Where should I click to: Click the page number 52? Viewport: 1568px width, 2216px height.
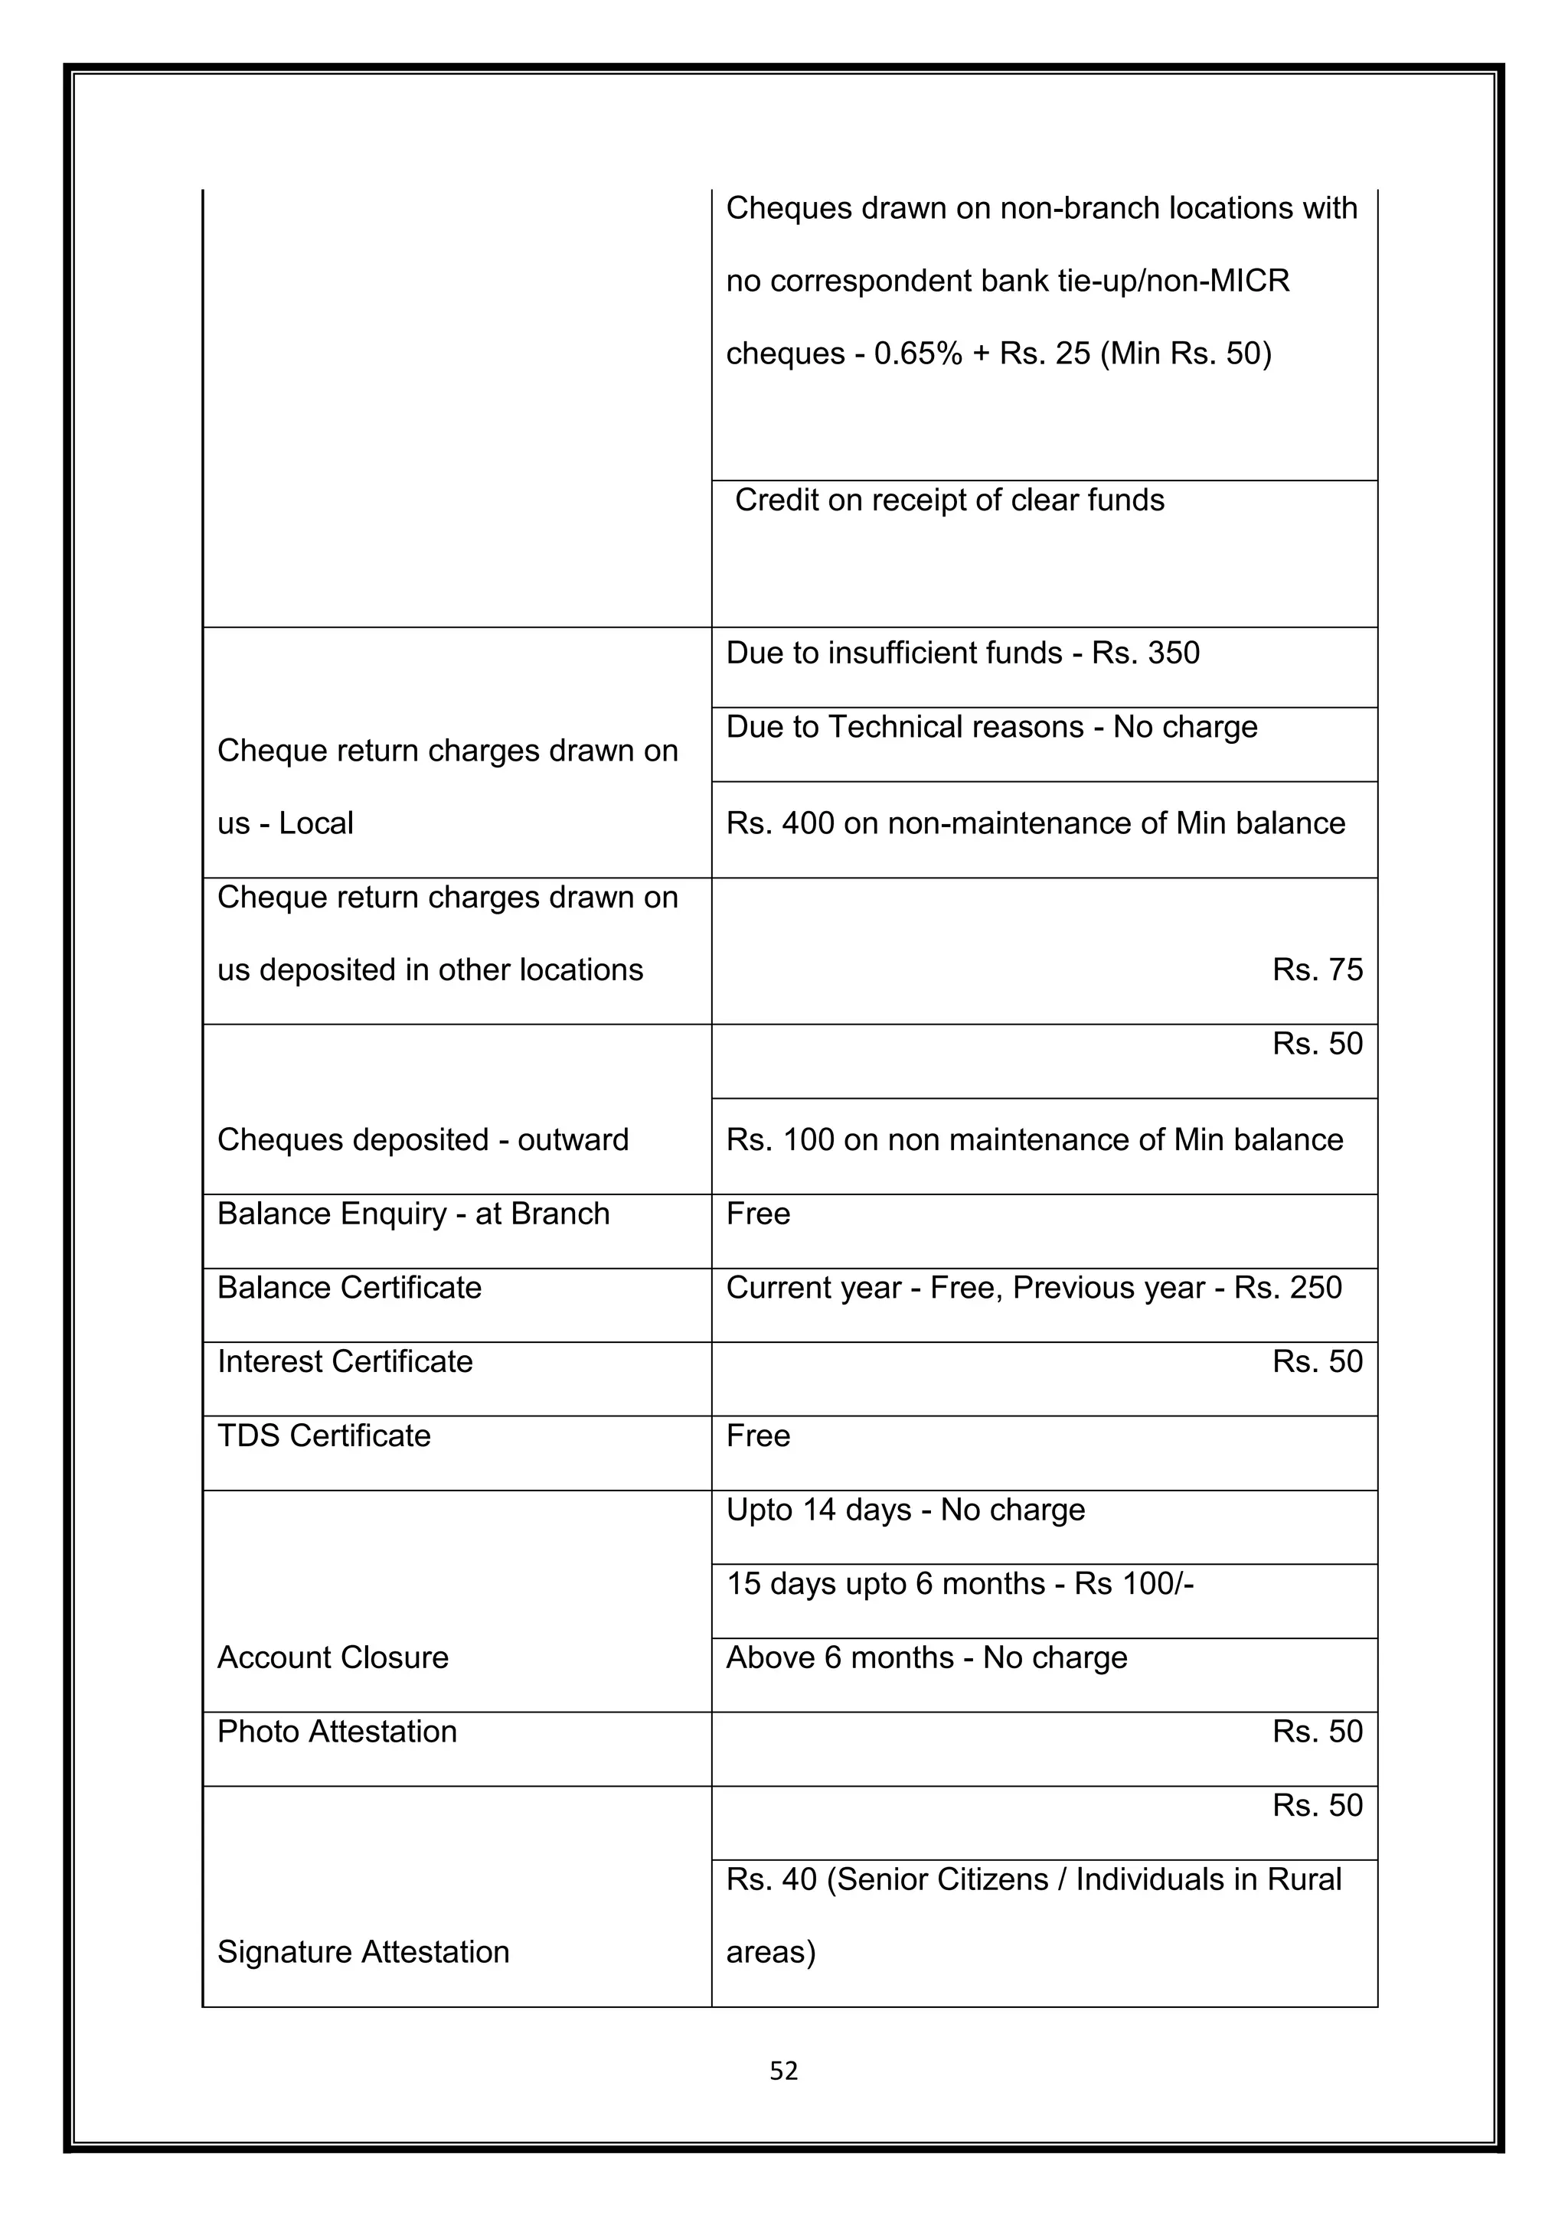(783, 2071)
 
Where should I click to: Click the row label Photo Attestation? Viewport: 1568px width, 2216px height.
(337, 1732)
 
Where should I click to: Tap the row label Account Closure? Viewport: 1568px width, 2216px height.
(333, 1657)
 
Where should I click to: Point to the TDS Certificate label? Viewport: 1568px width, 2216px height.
(323, 1436)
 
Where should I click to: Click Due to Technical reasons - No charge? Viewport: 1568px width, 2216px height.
(991, 727)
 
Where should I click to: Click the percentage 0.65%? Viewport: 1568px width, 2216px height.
(918, 354)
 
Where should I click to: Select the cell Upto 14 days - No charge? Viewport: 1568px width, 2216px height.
(906, 1510)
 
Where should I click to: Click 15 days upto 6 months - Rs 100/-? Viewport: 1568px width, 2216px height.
(960, 1584)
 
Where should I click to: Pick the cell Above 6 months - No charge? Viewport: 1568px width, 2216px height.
(926, 1657)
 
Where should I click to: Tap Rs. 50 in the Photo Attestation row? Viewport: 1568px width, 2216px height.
(1317, 1732)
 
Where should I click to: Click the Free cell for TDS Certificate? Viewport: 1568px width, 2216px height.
(758, 1436)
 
